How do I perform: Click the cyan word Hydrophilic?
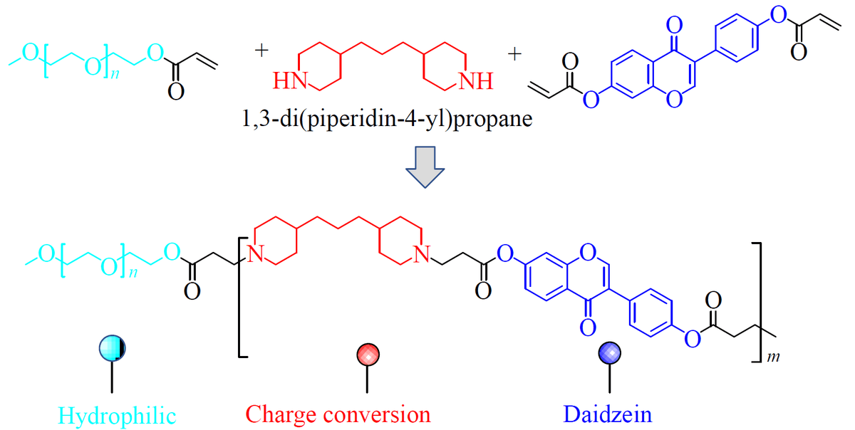[x=117, y=414]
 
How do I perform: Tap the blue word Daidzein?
[x=606, y=414]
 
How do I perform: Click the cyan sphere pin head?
[x=112, y=348]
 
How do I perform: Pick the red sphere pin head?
[x=368, y=354]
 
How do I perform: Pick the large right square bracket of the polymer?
[x=759, y=303]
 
